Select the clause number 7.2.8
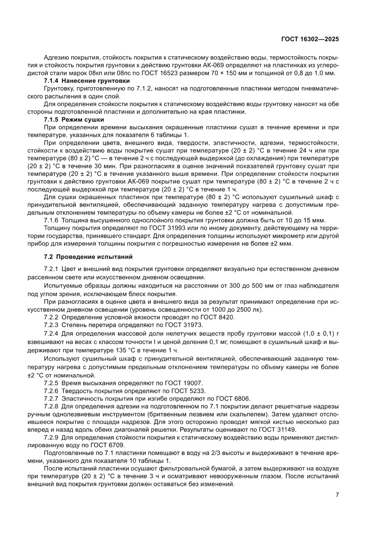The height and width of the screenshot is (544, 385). pyautogui.click(x=51, y=406)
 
